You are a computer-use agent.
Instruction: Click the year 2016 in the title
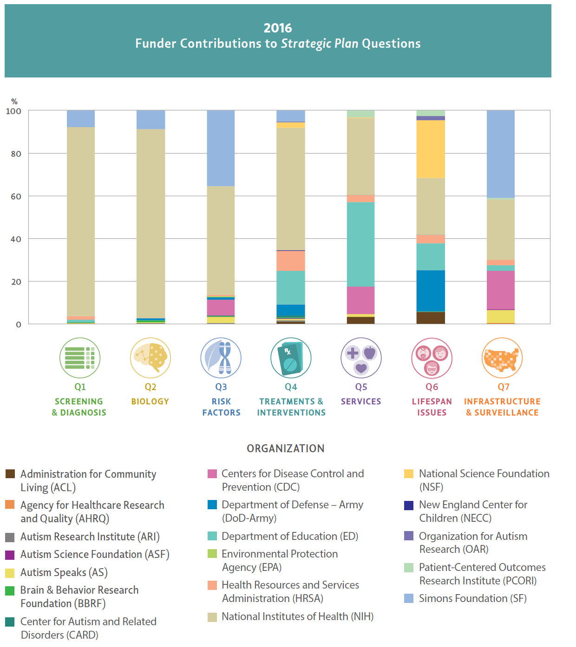278,28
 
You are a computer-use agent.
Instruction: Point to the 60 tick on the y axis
16,197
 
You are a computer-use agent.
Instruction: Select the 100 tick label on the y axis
13,111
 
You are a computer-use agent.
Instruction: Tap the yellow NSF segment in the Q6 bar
431,149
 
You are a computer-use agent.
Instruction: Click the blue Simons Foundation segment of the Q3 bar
221,148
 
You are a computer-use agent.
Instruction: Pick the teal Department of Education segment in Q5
360,244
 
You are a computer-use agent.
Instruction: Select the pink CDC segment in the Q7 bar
500,290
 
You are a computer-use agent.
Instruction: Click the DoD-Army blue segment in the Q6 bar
431,291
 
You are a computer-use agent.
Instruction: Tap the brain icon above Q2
151,358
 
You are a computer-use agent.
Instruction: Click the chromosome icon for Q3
221,358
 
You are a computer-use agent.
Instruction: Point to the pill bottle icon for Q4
291,358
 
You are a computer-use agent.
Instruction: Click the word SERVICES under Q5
361,402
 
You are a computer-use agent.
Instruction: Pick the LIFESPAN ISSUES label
432,407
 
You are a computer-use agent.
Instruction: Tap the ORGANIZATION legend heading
286,448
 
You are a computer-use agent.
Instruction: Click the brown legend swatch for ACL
10,474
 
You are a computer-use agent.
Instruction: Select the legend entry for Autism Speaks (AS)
64,573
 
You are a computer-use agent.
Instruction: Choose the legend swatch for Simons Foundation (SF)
409,598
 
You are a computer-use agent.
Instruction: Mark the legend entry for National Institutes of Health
297,617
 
